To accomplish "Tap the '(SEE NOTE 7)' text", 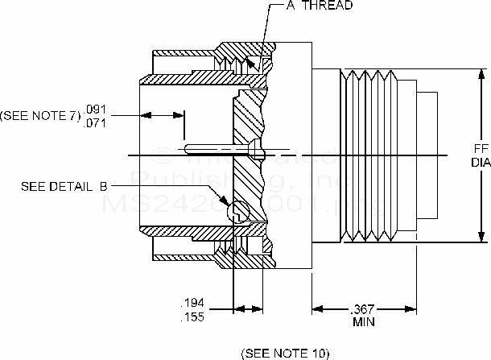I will click(41, 116).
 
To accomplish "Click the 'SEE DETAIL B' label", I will click(64, 186).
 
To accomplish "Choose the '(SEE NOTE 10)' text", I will click(285, 353).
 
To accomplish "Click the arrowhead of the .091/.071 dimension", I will click(179, 115).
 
